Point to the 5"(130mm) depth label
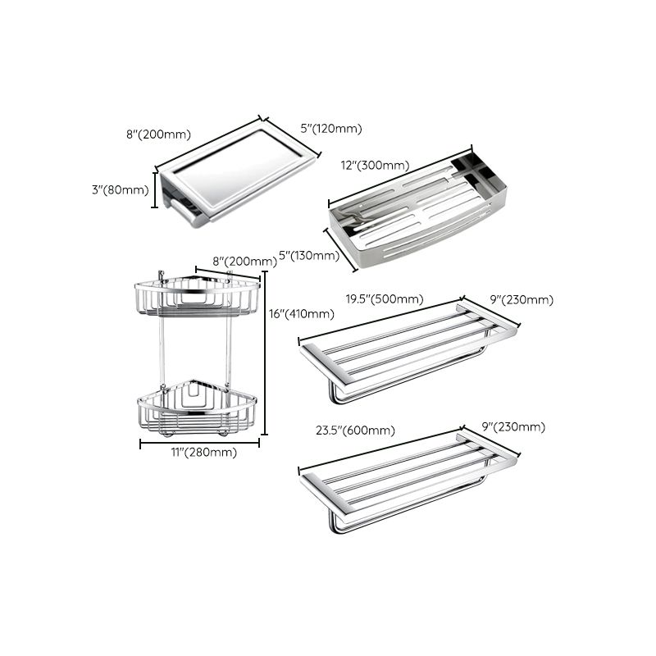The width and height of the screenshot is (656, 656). click(309, 256)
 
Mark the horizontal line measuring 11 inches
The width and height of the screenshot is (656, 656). click(199, 443)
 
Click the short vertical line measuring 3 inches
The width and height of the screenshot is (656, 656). click(156, 190)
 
